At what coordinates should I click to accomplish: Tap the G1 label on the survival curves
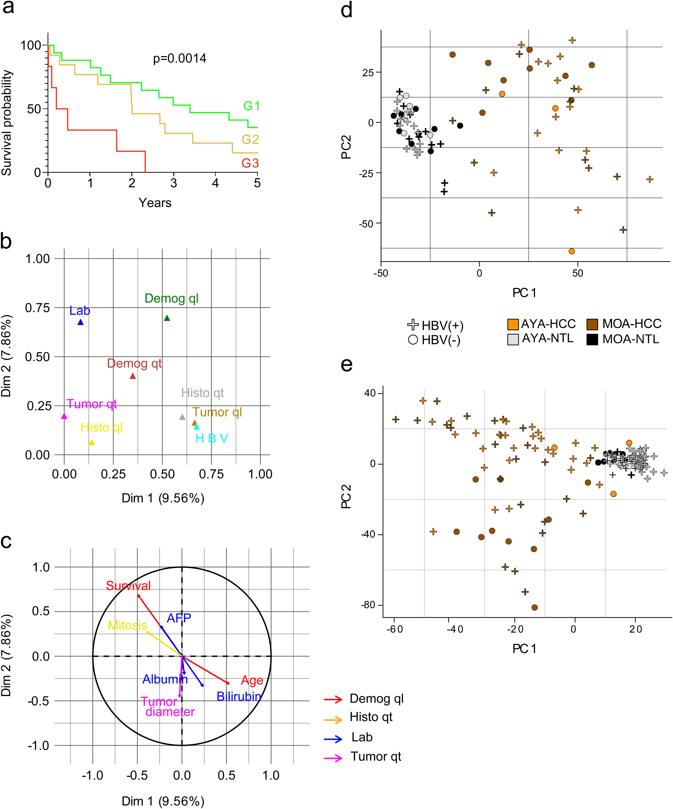(x=251, y=106)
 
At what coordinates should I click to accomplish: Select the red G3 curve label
(x=250, y=163)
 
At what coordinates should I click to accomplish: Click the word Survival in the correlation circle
(x=128, y=586)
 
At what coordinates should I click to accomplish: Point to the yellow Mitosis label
(x=128, y=625)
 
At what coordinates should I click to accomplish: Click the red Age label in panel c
(x=252, y=680)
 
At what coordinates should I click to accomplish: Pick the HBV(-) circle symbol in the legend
(x=413, y=340)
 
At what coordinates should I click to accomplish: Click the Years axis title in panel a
(x=155, y=203)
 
